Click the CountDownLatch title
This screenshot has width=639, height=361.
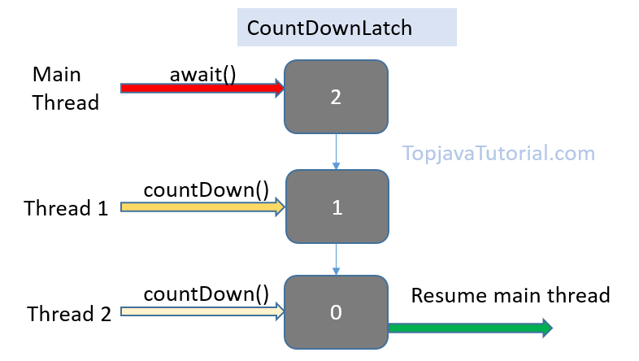pyautogui.click(x=330, y=28)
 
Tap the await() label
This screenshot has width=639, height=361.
pyautogui.click(x=202, y=73)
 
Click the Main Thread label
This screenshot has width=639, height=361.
pyautogui.click(x=65, y=89)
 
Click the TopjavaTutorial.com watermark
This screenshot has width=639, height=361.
pyautogui.click(x=498, y=153)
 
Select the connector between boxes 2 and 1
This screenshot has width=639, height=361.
pyautogui.click(x=336, y=151)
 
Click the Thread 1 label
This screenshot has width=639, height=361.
pyautogui.click(x=66, y=208)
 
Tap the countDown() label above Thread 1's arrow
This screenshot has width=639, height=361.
pyautogui.click(x=206, y=190)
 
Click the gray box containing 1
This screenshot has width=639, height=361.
pyautogui.click(x=336, y=206)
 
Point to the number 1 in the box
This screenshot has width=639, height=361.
pyautogui.click(x=336, y=207)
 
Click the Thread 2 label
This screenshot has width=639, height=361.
pyautogui.click(x=68, y=313)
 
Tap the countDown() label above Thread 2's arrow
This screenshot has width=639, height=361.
pyautogui.click(x=206, y=294)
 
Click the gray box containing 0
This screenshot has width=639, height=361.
pyautogui.click(x=336, y=311)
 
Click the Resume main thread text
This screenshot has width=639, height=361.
pyautogui.click(x=510, y=294)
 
